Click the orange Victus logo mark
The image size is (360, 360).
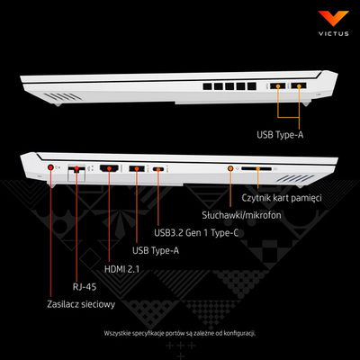pyautogui.click(x=333, y=18)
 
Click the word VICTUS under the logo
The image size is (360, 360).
pyautogui.click(x=334, y=33)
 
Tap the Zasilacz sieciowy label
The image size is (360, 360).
pyautogui.click(x=81, y=304)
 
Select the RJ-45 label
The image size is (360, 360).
pyautogui.click(x=85, y=287)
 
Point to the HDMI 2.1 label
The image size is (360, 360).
pyautogui.click(x=121, y=269)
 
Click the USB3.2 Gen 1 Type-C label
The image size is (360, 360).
pyautogui.click(x=196, y=233)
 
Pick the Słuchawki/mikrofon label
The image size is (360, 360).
pyautogui.click(x=241, y=215)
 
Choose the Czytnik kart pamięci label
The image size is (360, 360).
pyautogui.click(x=282, y=198)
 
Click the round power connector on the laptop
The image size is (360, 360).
pyautogui.click(x=50, y=167)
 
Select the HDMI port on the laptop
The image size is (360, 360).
pyautogui.click(x=109, y=168)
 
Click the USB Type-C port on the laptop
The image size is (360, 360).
pyautogui.click(x=158, y=169)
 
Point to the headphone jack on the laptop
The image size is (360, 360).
pyautogui.click(x=230, y=168)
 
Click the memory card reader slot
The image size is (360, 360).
pyautogui.click(x=256, y=169)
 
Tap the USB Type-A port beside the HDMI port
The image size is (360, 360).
pyautogui.click(x=137, y=168)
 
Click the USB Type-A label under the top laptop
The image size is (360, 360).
pyautogui.click(x=280, y=135)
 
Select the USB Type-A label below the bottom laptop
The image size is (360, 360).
pyautogui.click(x=156, y=251)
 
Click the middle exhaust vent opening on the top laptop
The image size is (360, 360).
pyautogui.click(x=229, y=86)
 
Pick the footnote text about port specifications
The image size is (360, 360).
pyautogui.click(x=180, y=333)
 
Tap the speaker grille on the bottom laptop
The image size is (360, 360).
pyautogui.click(x=295, y=178)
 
